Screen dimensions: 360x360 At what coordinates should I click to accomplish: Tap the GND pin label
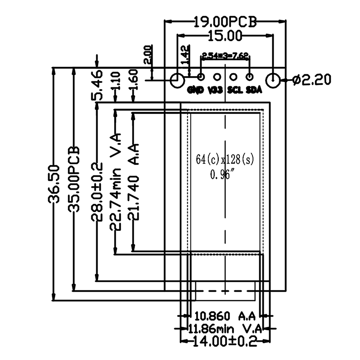pyautogui.click(x=196, y=90)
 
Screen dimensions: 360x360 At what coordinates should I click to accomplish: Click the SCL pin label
pyautogui.click(x=235, y=90)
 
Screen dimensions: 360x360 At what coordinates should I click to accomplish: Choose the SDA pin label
pyautogui.click(x=254, y=90)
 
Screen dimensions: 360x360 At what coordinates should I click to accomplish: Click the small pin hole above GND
pyautogui.click(x=201, y=77)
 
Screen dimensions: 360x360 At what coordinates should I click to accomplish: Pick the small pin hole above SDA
pyautogui.click(x=251, y=77)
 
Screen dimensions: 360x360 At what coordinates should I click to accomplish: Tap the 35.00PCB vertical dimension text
pyautogui.click(x=73, y=179)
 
